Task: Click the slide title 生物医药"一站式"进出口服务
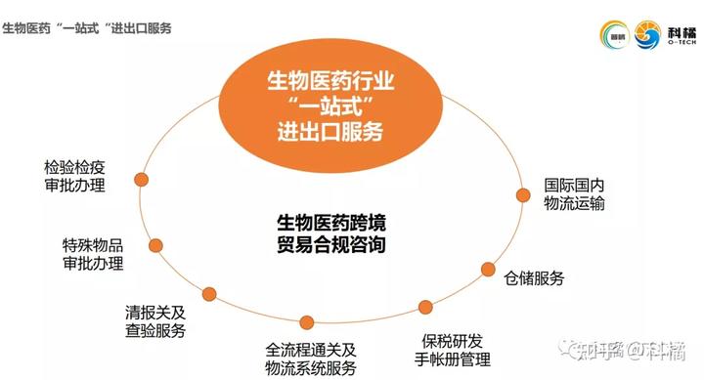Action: point(87,28)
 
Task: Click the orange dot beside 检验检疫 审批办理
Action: point(141,181)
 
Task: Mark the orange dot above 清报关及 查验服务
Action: point(209,292)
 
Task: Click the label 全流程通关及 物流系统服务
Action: point(312,359)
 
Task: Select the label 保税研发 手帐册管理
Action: point(452,350)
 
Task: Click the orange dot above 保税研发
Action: point(425,307)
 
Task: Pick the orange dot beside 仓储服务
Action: point(488,269)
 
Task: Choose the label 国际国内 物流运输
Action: point(575,193)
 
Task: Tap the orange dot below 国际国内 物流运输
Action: point(521,195)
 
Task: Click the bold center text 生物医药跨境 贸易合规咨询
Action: point(331,233)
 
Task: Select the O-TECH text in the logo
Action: point(681,42)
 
